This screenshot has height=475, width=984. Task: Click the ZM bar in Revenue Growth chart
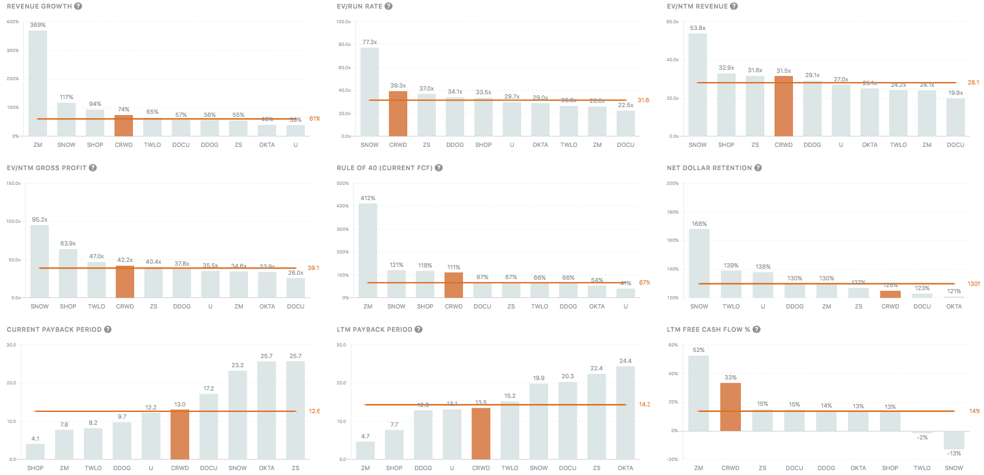click(38, 83)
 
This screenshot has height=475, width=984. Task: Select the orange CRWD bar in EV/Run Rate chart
click(398, 114)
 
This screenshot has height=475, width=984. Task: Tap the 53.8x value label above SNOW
click(697, 28)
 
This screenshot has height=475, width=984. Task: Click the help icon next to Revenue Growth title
click(78, 6)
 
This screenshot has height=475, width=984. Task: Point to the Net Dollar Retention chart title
click(709, 168)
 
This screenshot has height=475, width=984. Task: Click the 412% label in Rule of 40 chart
click(367, 198)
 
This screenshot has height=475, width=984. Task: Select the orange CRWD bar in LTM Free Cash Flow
click(730, 407)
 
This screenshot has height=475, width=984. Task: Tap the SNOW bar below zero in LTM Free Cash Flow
click(954, 440)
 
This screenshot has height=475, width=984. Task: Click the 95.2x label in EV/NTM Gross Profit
click(40, 220)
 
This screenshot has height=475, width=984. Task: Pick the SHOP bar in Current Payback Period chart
click(36, 452)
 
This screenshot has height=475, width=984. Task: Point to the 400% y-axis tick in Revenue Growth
click(12, 22)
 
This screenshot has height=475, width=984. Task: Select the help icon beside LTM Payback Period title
click(419, 329)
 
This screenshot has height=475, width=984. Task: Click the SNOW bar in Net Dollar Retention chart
click(699, 263)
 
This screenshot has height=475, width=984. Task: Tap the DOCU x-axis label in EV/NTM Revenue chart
click(955, 145)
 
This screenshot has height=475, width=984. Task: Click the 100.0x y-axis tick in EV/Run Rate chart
click(344, 22)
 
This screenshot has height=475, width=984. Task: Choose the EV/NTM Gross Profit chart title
click(47, 168)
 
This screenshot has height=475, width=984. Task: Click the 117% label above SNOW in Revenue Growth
click(66, 97)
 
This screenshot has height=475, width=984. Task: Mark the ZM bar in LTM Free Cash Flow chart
click(699, 393)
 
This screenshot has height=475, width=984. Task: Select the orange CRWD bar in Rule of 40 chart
click(454, 285)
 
